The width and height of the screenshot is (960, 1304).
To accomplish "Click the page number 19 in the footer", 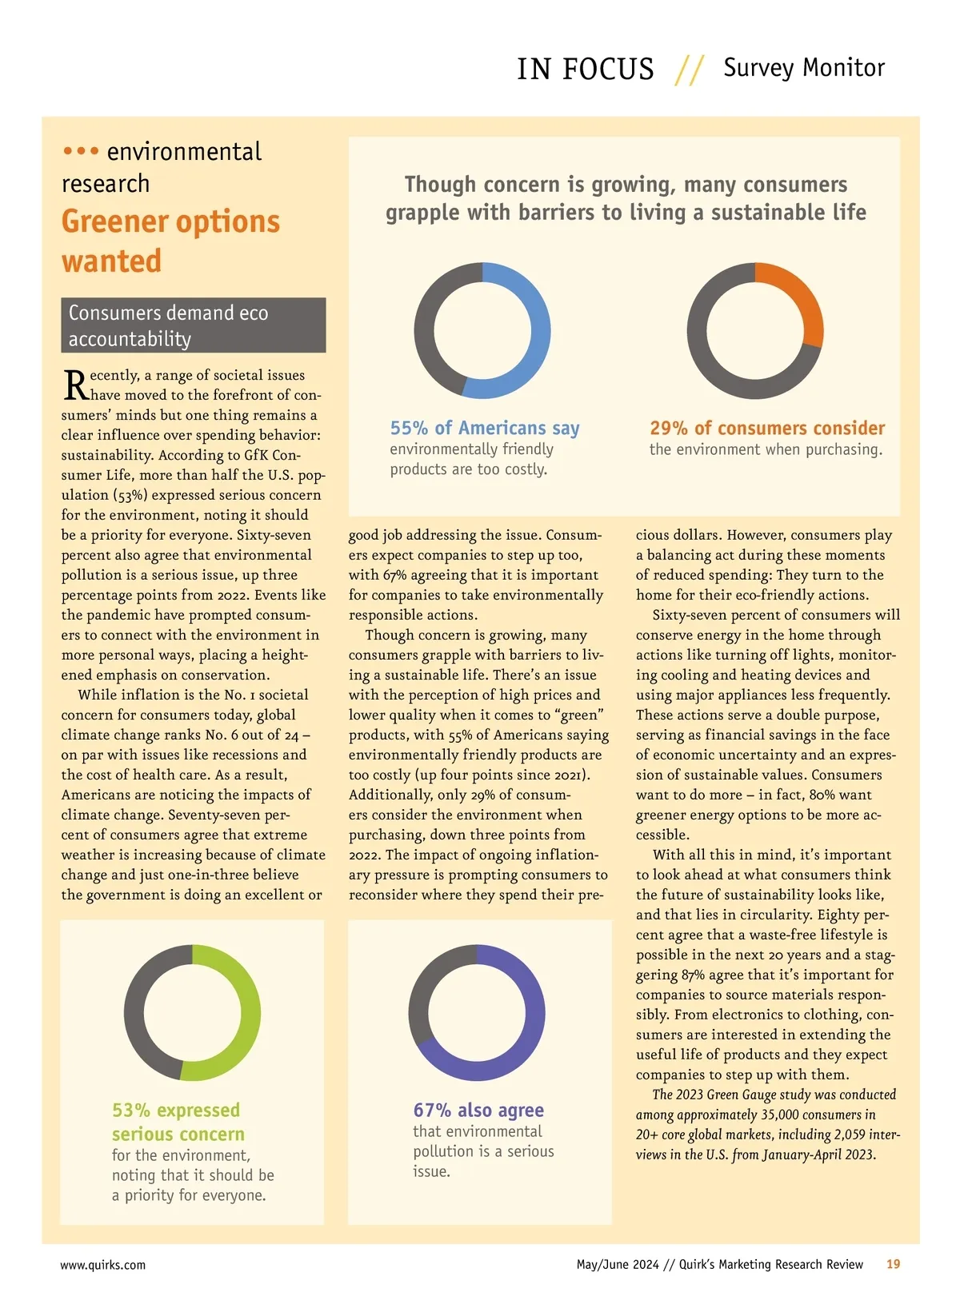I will [893, 1264].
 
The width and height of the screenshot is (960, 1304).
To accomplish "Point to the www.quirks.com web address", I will [103, 1265].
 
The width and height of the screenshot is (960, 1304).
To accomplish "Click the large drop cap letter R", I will [75, 385].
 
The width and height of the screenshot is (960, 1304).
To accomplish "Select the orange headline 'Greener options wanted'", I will [170, 241].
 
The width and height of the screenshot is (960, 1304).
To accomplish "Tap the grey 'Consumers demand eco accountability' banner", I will [193, 325].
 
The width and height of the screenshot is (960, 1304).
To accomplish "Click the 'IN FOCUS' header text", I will [585, 70].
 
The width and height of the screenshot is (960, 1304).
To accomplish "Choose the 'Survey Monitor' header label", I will [804, 68].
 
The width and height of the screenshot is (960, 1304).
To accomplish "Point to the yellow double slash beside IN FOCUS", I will [689, 70].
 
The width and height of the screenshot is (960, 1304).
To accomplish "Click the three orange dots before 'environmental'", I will [81, 150].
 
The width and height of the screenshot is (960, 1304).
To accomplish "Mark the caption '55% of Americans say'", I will [485, 428].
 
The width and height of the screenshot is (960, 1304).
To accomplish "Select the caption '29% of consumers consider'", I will [767, 428].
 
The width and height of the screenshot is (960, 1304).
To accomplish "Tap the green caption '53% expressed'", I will [176, 1110].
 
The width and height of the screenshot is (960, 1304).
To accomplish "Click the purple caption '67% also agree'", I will [478, 1110].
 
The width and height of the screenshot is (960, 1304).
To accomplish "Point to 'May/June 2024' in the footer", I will [618, 1265].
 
